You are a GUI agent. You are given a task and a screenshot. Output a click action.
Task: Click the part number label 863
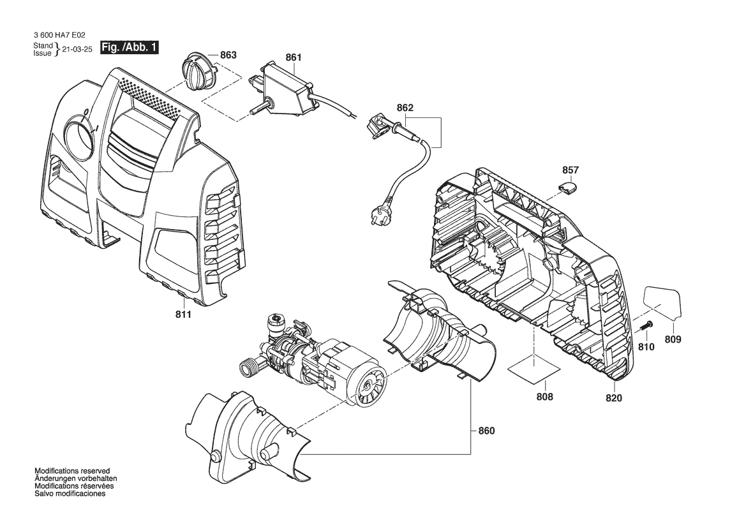click(x=228, y=55)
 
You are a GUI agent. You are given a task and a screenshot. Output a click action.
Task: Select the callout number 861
click(x=294, y=57)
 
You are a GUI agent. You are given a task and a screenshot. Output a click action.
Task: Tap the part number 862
click(x=405, y=108)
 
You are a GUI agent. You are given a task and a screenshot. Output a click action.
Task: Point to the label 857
click(x=571, y=170)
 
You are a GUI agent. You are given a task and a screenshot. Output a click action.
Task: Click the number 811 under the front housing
click(x=183, y=315)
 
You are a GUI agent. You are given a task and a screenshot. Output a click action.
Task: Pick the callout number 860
click(x=486, y=431)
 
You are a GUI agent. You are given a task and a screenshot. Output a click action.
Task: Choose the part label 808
click(x=545, y=397)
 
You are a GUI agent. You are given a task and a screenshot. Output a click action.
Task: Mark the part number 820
click(x=614, y=398)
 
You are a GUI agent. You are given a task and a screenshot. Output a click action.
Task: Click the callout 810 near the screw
click(x=646, y=347)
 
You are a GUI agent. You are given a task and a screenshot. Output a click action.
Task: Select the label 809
click(x=673, y=339)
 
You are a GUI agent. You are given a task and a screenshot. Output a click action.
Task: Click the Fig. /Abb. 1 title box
click(x=129, y=48)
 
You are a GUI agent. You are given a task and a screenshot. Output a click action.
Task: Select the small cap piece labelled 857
click(x=569, y=186)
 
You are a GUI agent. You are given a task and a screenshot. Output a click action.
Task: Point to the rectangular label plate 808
click(x=534, y=369)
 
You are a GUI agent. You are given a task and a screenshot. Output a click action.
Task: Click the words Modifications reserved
click(x=72, y=471)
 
